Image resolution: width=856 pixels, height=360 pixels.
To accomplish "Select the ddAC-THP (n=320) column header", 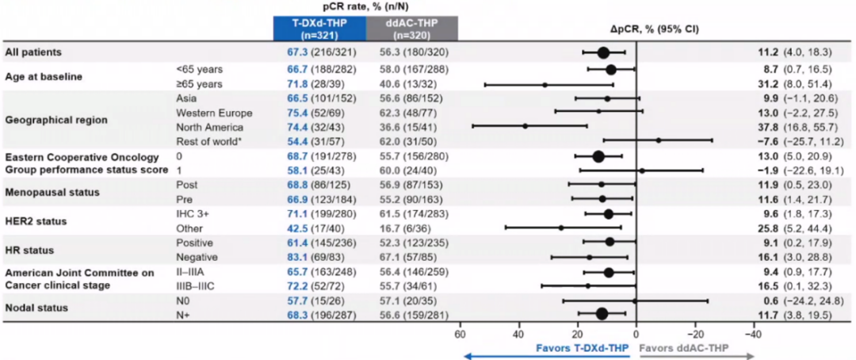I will coord(411,29).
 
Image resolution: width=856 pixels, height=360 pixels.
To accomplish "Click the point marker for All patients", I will coord(603,52).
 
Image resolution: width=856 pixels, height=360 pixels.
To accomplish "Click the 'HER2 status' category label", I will coord(34,220).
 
